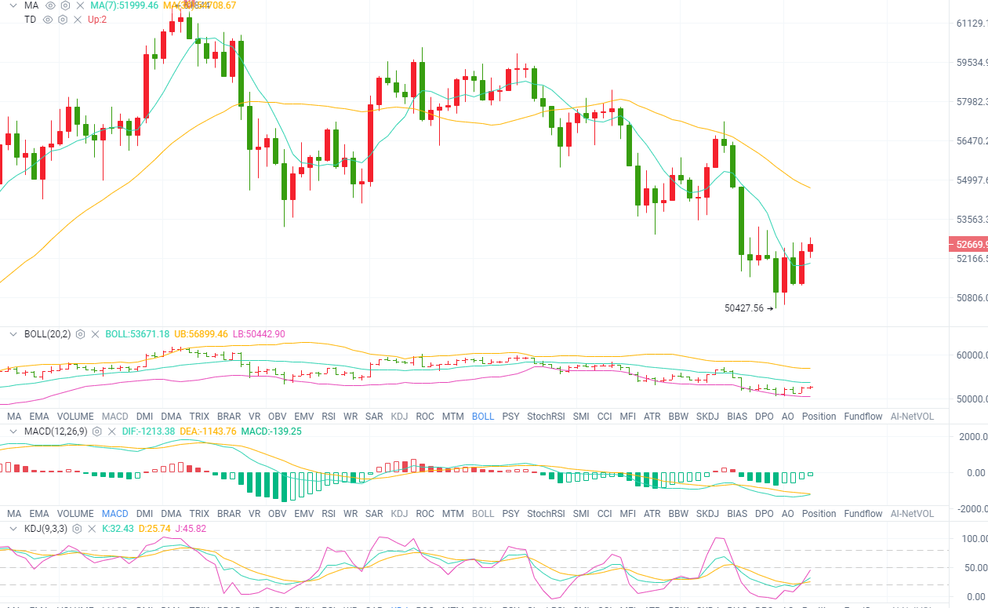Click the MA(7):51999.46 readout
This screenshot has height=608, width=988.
[124, 5]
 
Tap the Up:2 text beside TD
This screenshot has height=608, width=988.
[97, 19]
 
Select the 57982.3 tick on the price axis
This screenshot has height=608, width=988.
[972, 102]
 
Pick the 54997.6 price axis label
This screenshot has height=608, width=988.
[972, 180]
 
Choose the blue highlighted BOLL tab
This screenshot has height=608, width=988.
[483, 417]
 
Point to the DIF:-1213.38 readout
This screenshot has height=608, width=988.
[149, 431]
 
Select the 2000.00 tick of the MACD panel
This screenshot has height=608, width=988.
[972, 437]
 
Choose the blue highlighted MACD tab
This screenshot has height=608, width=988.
[114, 514]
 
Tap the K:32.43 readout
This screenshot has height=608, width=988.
[118, 529]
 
